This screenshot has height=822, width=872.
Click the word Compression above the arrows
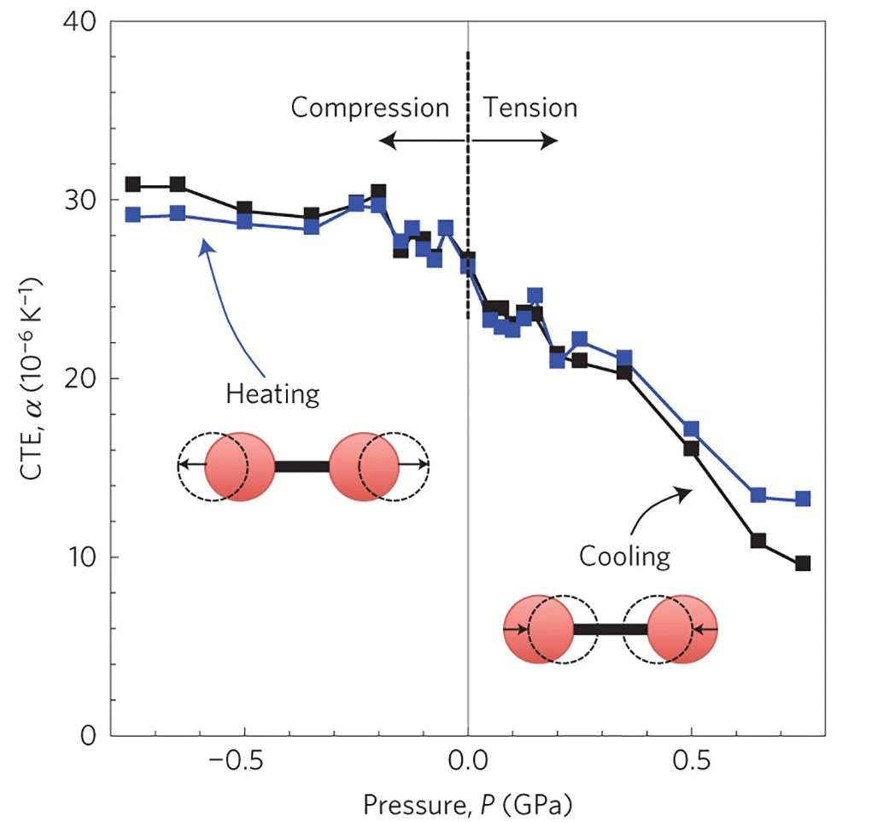pyautogui.click(x=370, y=108)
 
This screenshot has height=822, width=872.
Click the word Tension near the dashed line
pyautogui.click(x=530, y=108)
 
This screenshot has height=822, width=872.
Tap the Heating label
pyautogui.click(x=272, y=394)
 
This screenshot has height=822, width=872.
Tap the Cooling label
pyautogui.click(x=624, y=557)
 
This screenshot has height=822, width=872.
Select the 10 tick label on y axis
pyautogui.click(x=79, y=557)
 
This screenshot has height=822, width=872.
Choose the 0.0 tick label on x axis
pyautogui.click(x=468, y=760)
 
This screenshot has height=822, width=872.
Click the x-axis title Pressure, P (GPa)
pyautogui.click(x=467, y=803)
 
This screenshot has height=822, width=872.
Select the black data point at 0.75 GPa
pyautogui.click(x=803, y=563)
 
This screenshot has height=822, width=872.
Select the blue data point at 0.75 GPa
pyautogui.click(x=803, y=498)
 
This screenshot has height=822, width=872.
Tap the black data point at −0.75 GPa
pyautogui.click(x=133, y=184)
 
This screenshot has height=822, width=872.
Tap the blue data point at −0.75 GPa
pyautogui.click(x=133, y=214)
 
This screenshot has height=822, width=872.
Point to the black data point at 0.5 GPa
pyautogui.click(x=691, y=448)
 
